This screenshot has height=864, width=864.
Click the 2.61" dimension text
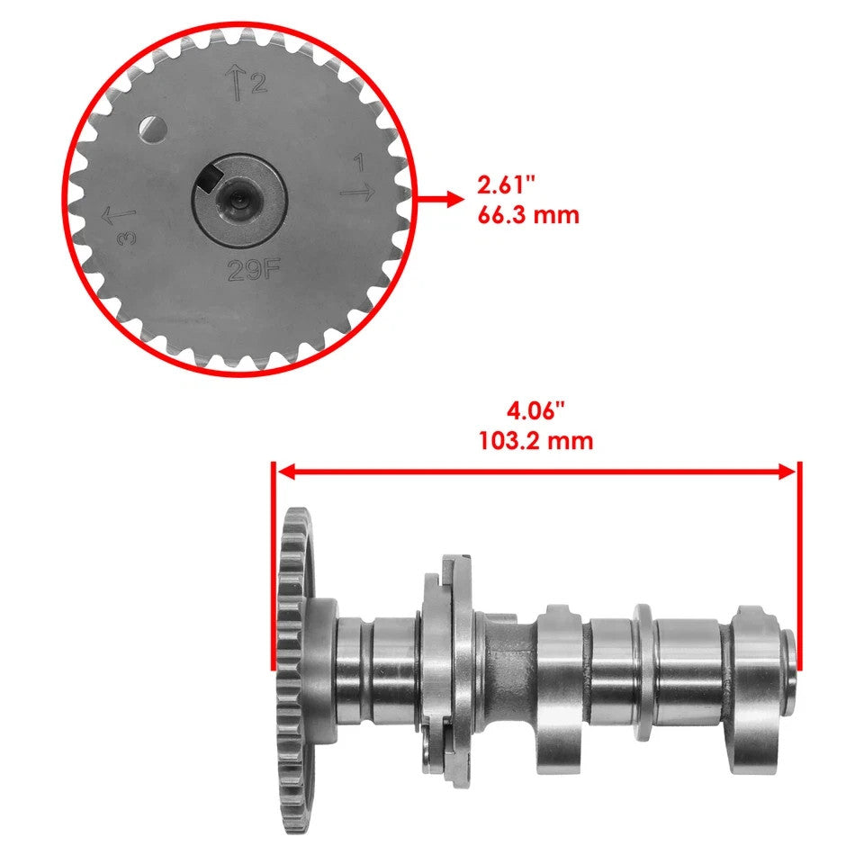coord(507,186)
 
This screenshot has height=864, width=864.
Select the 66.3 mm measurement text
coord(528,216)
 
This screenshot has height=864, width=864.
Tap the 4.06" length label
coord(536,413)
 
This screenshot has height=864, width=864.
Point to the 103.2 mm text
coord(536,442)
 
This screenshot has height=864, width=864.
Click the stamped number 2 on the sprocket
coord(259,85)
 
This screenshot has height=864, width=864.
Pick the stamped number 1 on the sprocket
coord(358,164)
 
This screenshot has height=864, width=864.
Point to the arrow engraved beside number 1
coord(356,191)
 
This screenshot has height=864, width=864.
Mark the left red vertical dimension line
coord(272,567)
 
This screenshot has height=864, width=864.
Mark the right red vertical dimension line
coord(799,567)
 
